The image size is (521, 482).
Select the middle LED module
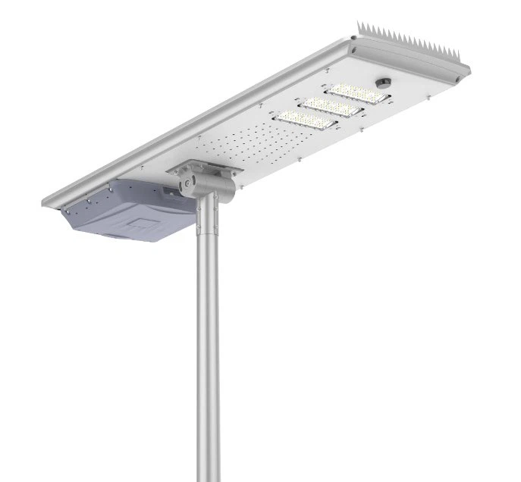(x=331, y=108)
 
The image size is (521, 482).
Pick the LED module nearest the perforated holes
(x=306, y=121)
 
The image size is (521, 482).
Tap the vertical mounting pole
(x=207, y=341)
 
